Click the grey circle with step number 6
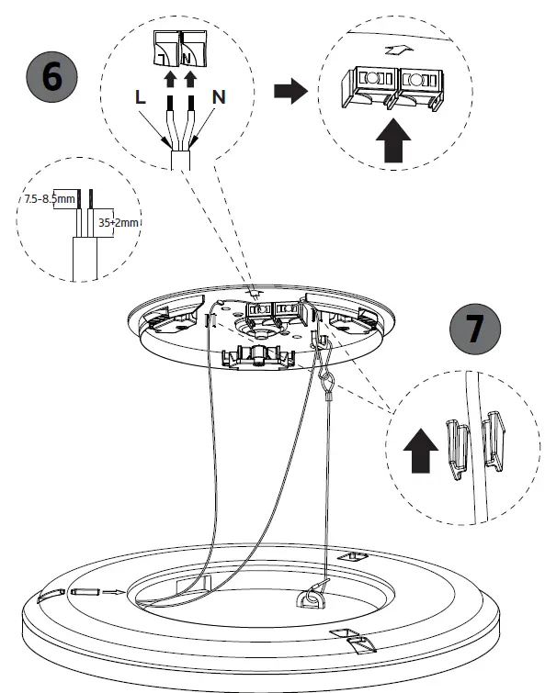(53, 76)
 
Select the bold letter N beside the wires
(218, 95)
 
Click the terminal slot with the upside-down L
(166, 48)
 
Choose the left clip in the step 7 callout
(454, 445)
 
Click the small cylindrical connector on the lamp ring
(84, 593)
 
